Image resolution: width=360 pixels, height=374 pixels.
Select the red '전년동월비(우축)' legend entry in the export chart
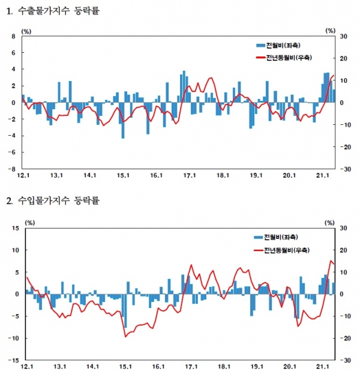pos(287,57)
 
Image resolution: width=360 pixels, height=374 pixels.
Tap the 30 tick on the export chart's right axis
pos(343,36)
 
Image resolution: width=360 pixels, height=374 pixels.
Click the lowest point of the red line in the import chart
pos(125,337)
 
